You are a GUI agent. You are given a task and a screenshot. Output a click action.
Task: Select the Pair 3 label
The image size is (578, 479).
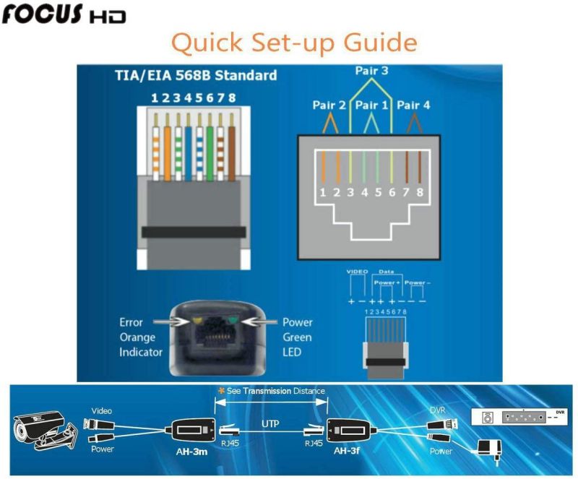pos(371,72)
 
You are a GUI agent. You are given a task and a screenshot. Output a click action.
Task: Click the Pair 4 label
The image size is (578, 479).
pos(413,105)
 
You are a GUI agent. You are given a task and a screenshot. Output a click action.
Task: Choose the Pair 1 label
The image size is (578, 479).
pos(371,105)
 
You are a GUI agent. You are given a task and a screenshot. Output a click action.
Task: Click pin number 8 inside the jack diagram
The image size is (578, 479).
pos(420,193)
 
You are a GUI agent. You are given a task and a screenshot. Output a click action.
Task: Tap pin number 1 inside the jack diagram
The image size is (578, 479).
pos(324,193)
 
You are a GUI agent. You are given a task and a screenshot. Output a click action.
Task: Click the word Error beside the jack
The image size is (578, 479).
pos(131,322)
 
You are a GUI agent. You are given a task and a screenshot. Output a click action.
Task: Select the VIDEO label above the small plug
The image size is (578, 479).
pos(358,272)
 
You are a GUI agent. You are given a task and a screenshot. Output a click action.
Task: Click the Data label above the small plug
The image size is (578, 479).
pos(386,272)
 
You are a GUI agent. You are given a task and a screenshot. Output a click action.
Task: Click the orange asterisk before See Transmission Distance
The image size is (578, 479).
pos(222,391)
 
